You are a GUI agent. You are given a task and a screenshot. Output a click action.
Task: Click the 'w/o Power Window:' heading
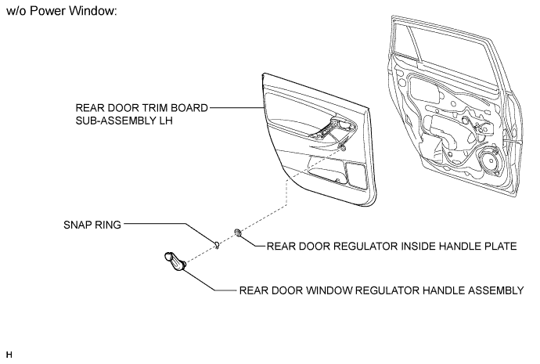coord(62,11)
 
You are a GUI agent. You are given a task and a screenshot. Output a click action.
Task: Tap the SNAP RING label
coord(92,225)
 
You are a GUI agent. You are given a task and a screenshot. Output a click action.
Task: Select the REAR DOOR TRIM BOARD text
coord(142,108)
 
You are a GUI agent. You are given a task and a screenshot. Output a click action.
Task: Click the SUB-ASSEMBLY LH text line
coord(124,121)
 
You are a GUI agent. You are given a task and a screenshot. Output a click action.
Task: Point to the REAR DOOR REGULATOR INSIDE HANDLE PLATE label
coord(391,247)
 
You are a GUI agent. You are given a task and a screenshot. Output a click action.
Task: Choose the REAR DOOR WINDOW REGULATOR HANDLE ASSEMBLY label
coord(382,290)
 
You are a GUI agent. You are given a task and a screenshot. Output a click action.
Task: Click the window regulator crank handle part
coord(175,261)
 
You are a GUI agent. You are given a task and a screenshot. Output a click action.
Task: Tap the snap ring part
coord(217,245)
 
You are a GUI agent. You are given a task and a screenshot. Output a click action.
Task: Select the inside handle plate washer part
coord(238,232)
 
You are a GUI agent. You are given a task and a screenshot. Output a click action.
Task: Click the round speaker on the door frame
coord(489,160)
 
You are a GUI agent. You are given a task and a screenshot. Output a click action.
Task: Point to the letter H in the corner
coord(9,355)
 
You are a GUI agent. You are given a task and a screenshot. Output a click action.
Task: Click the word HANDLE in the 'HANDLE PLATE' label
coord(458,247)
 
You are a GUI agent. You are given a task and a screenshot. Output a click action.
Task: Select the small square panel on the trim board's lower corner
coord(357,175)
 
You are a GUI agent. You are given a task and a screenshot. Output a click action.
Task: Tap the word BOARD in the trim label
coord(189,108)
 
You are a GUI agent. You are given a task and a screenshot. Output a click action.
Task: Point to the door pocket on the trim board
coord(328,170)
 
